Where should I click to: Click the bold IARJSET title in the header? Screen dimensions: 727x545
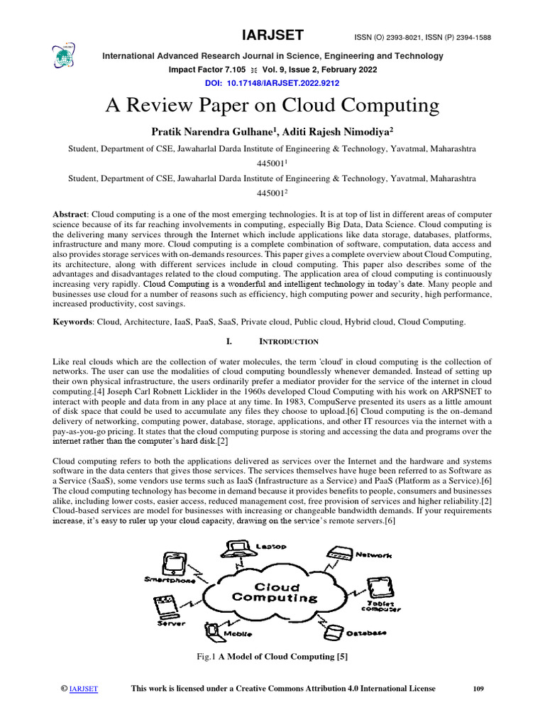coord(272,35)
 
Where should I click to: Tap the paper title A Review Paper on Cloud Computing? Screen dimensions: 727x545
coord(272,106)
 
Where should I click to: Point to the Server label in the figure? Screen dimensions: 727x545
coord(171,623)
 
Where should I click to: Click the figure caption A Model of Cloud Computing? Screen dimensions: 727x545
coord(282,657)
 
